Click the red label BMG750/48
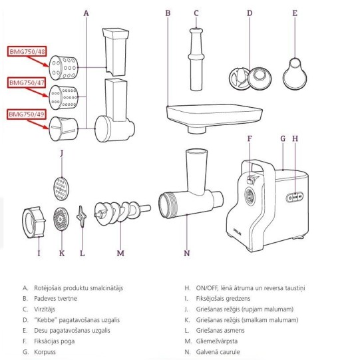tap(27, 51)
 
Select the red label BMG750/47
tap(27, 83)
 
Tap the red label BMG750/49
tap(27, 114)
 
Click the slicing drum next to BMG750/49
tap(63, 129)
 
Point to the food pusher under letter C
tap(196, 59)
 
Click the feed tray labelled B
tap(214, 117)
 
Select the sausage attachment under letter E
tap(295, 73)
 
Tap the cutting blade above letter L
tap(81, 216)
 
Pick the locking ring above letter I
tap(34, 222)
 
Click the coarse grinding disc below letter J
tap(61, 189)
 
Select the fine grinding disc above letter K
tap(61, 219)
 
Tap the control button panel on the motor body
tap(295, 197)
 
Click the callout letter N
tap(187, 254)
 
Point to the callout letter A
tap(86, 13)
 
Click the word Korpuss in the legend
tap(45, 352)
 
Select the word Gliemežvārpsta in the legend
tap(217, 341)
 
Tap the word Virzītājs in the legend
tap(45, 309)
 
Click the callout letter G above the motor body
tap(283, 138)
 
